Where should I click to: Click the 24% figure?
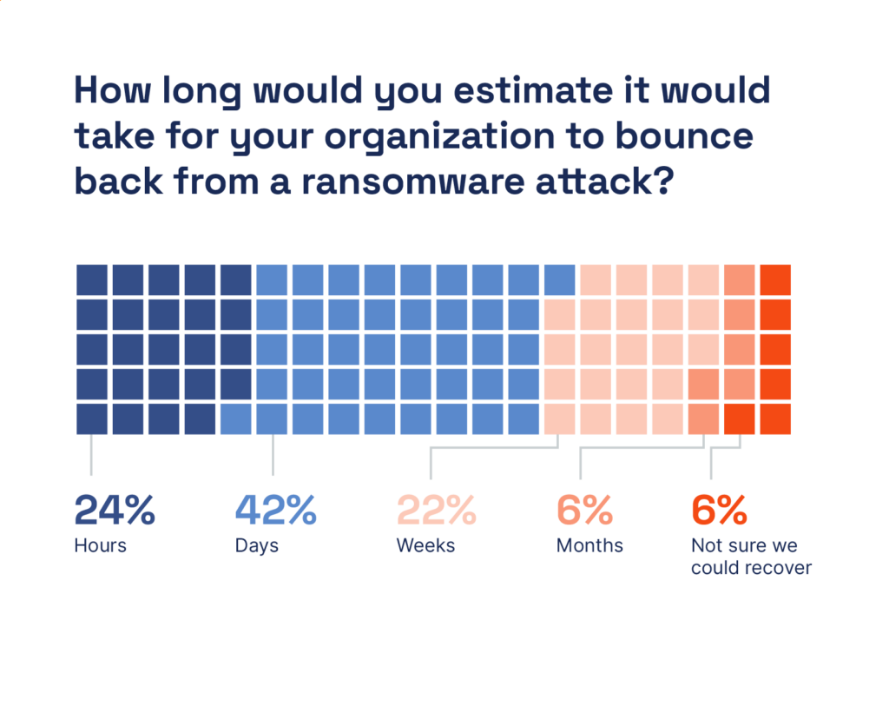[115, 511]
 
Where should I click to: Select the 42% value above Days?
[276, 511]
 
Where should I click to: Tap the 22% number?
[436, 511]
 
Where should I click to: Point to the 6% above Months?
[584, 511]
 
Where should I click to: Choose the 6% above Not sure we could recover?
[719, 511]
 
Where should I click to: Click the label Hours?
[100, 546]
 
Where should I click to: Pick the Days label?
[256, 546]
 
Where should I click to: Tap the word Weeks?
[425, 546]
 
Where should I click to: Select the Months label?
[589, 546]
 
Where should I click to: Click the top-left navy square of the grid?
[92, 280]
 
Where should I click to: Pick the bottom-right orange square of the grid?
[775, 419]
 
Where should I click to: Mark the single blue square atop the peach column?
[559, 280]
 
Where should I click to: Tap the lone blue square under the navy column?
[236, 419]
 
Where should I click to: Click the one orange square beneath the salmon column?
[740, 419]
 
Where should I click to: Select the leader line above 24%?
[92, 454]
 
